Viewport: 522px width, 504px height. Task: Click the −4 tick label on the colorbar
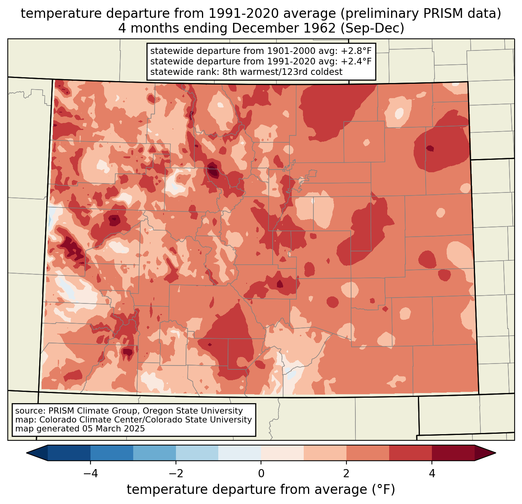90,473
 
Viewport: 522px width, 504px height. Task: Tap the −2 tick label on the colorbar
176,473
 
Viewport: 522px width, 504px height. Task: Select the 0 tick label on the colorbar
261,473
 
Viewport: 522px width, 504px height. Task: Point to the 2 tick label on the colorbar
346,473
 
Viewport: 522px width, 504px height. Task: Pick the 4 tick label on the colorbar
432,473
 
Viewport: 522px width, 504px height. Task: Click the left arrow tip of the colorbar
26,453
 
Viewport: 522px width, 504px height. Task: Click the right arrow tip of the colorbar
496,453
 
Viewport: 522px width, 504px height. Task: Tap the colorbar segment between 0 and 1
282,453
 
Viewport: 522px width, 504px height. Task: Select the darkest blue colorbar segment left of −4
69,453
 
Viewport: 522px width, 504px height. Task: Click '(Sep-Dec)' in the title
372,28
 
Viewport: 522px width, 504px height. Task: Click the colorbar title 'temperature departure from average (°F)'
261,489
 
